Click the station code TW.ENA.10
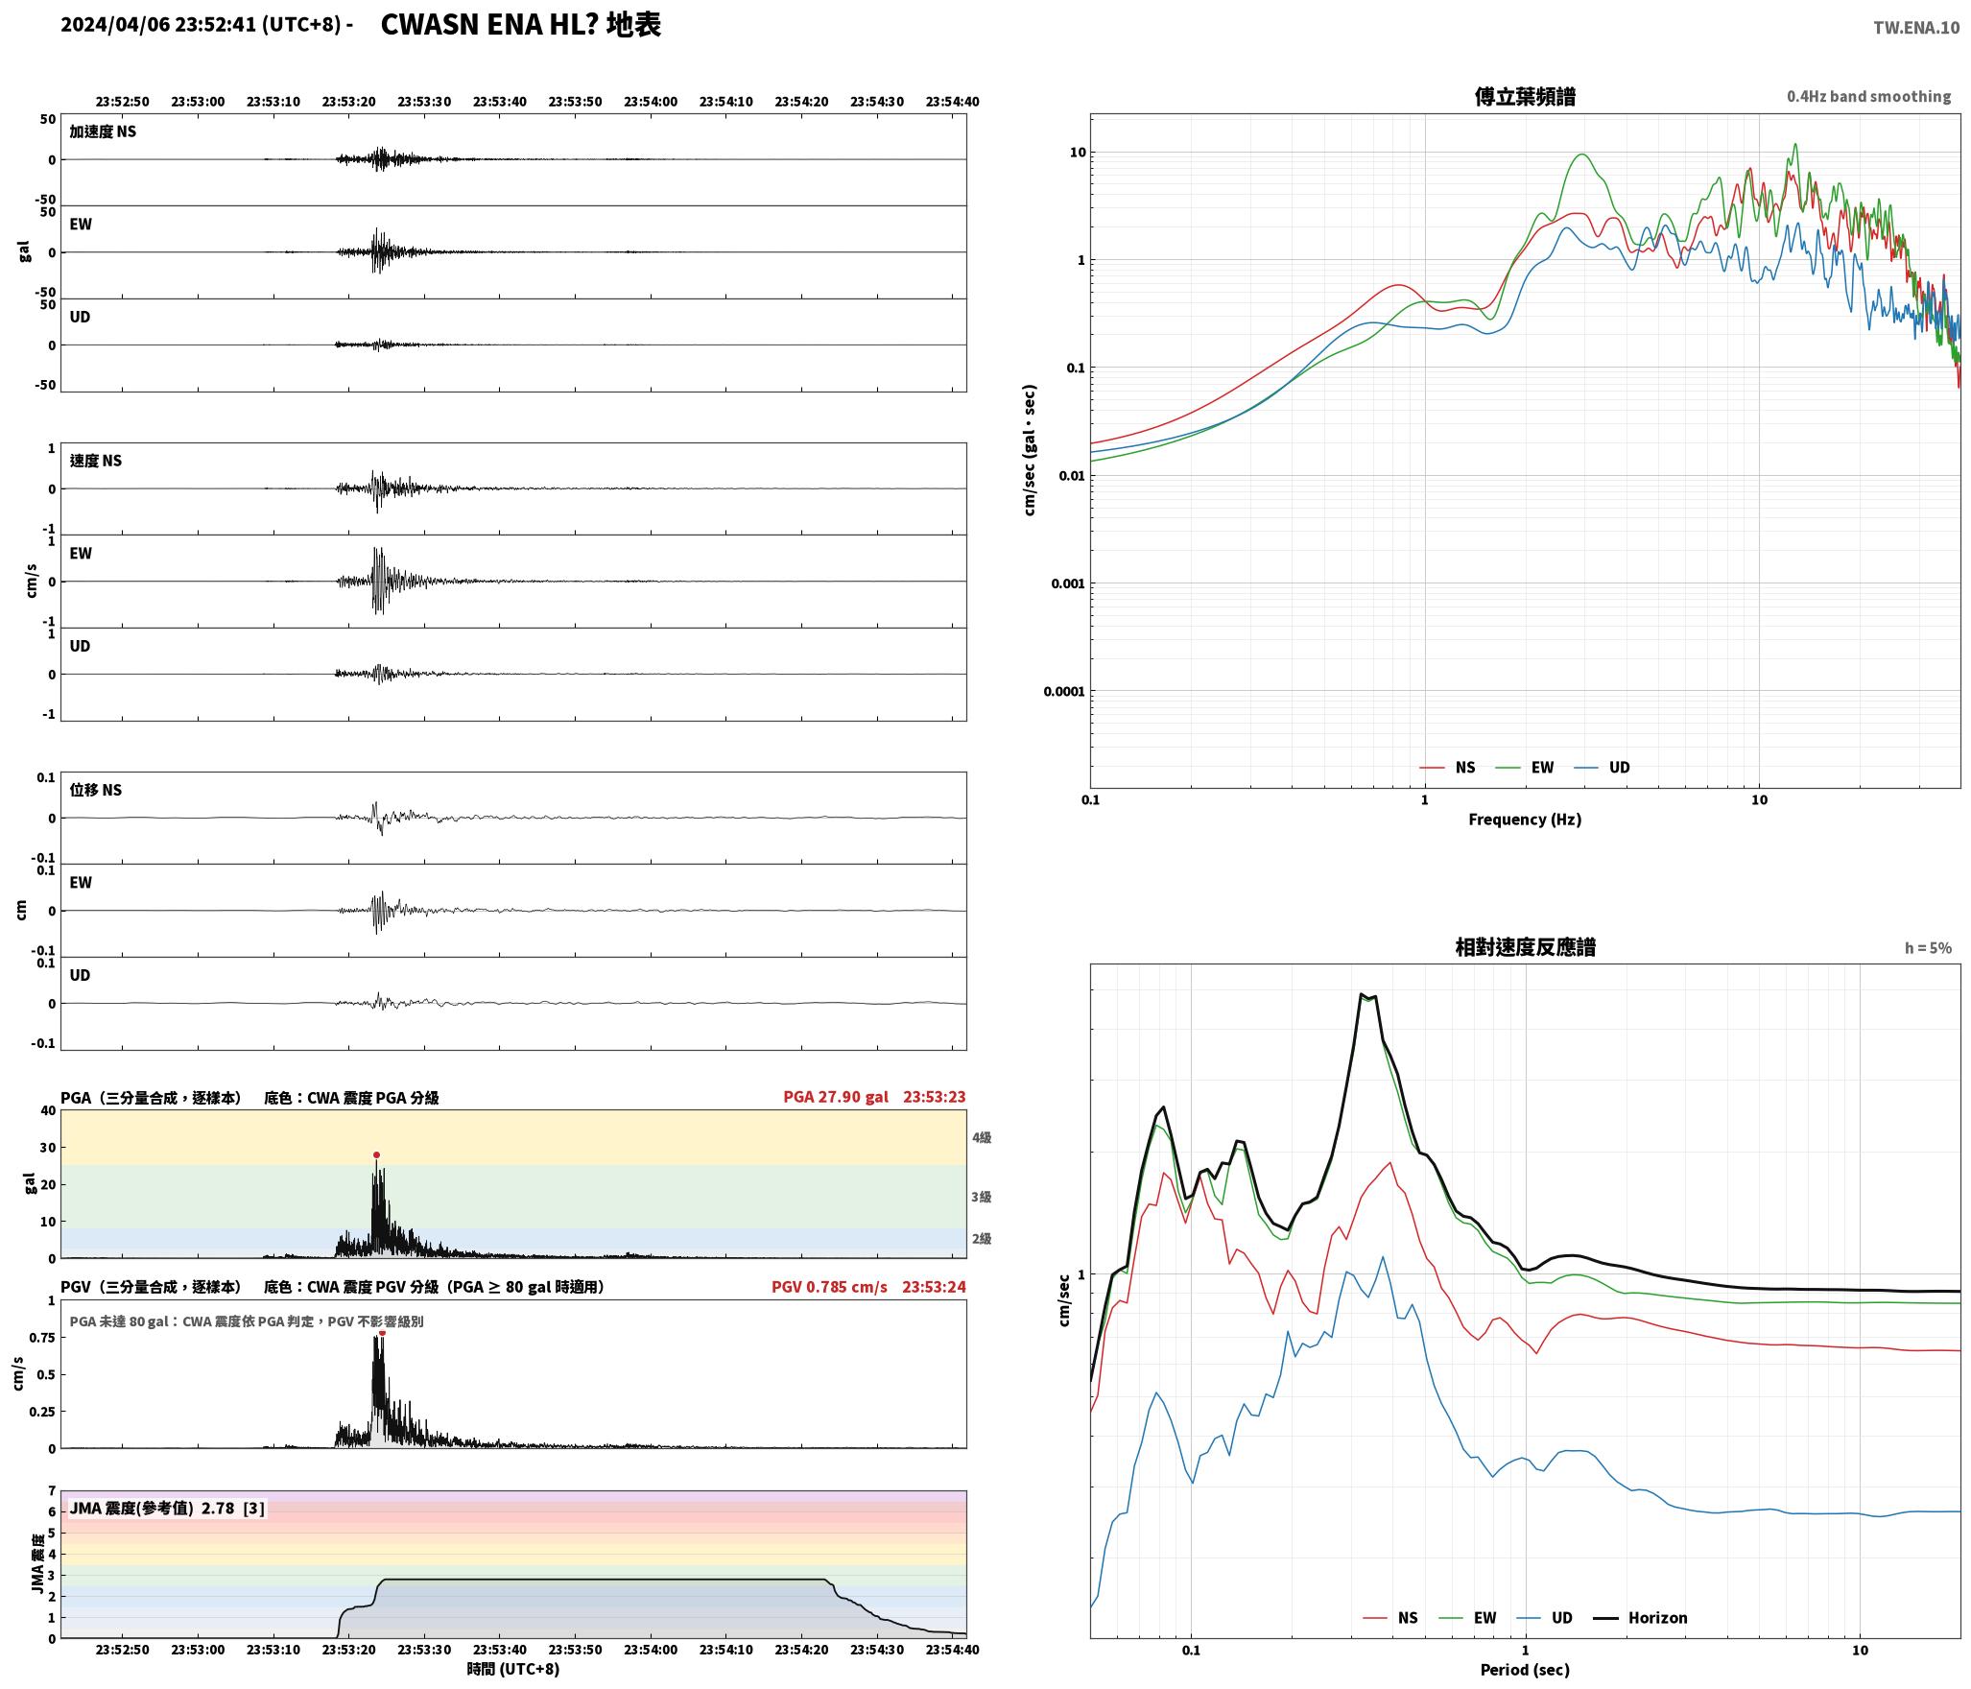(x=1916, y=28)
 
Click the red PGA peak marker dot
(x=376, y=1155)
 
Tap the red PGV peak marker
(x=382, y=1333)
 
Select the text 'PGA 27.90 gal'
(x=836, y=1097)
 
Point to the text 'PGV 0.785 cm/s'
(x=829, y=1287)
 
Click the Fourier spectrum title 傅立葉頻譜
(x=1525, y=97)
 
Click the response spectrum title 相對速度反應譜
(x=1525, y=947)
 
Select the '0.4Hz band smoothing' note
(x=1868, y=97)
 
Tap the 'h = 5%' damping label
(x=1928, y=948)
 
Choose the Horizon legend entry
(x=1640, y=1618)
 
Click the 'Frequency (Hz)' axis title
(x=1525, y=820)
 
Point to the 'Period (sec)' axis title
(x=1525, y=1670)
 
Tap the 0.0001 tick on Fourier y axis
(x=1063, y=692)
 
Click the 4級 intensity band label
(x=982, y=1138)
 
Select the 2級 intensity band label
(x=982, y=1239)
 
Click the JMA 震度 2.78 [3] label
(x=167, y=1509)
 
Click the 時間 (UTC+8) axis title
(x=513, y=1669)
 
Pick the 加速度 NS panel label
(x=103, y=131)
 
